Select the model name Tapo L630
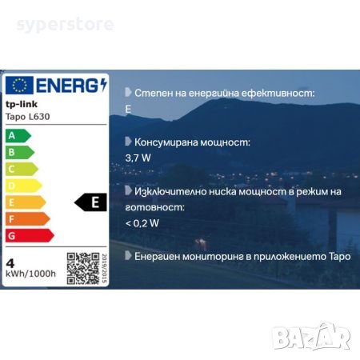[x=28, y=117]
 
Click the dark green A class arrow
[x=17, y=135]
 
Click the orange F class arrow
[x=27, y=218]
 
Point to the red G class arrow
[x=30, y=235]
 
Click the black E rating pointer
[x=91, y=202]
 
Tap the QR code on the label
[x=82, y=268]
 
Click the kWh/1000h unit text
[x=30, y=274]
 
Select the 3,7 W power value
[x=138, y=158]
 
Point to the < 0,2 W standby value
[x=142, y=222]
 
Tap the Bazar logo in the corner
[x=313, y=336]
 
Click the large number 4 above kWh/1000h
[x=11, y=261]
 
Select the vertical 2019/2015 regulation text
[x=104, y=268]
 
